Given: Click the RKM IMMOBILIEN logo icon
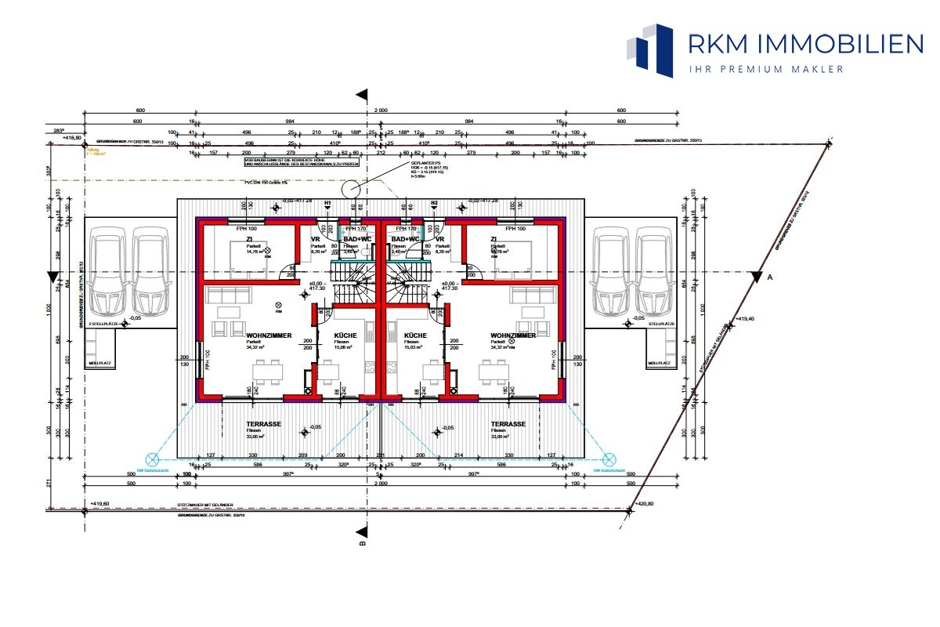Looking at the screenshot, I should [650, 50].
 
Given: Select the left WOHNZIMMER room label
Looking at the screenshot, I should [247, 335].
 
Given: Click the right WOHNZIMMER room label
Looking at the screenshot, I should [513, 335].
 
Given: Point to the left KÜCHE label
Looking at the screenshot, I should [345, 335].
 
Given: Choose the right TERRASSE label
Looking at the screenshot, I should [508, 423].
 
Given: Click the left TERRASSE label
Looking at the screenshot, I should [263, 423].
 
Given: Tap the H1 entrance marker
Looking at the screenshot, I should [328, 202].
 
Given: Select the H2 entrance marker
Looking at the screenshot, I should [434, 202].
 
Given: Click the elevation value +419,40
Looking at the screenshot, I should [746, 321].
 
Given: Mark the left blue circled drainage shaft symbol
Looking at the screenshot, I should [152, 459].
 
